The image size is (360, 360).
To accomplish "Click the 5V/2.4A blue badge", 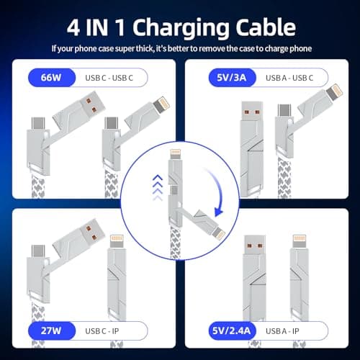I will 227,330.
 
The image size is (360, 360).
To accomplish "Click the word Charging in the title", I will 183,28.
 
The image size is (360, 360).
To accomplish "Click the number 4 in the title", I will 73,28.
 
